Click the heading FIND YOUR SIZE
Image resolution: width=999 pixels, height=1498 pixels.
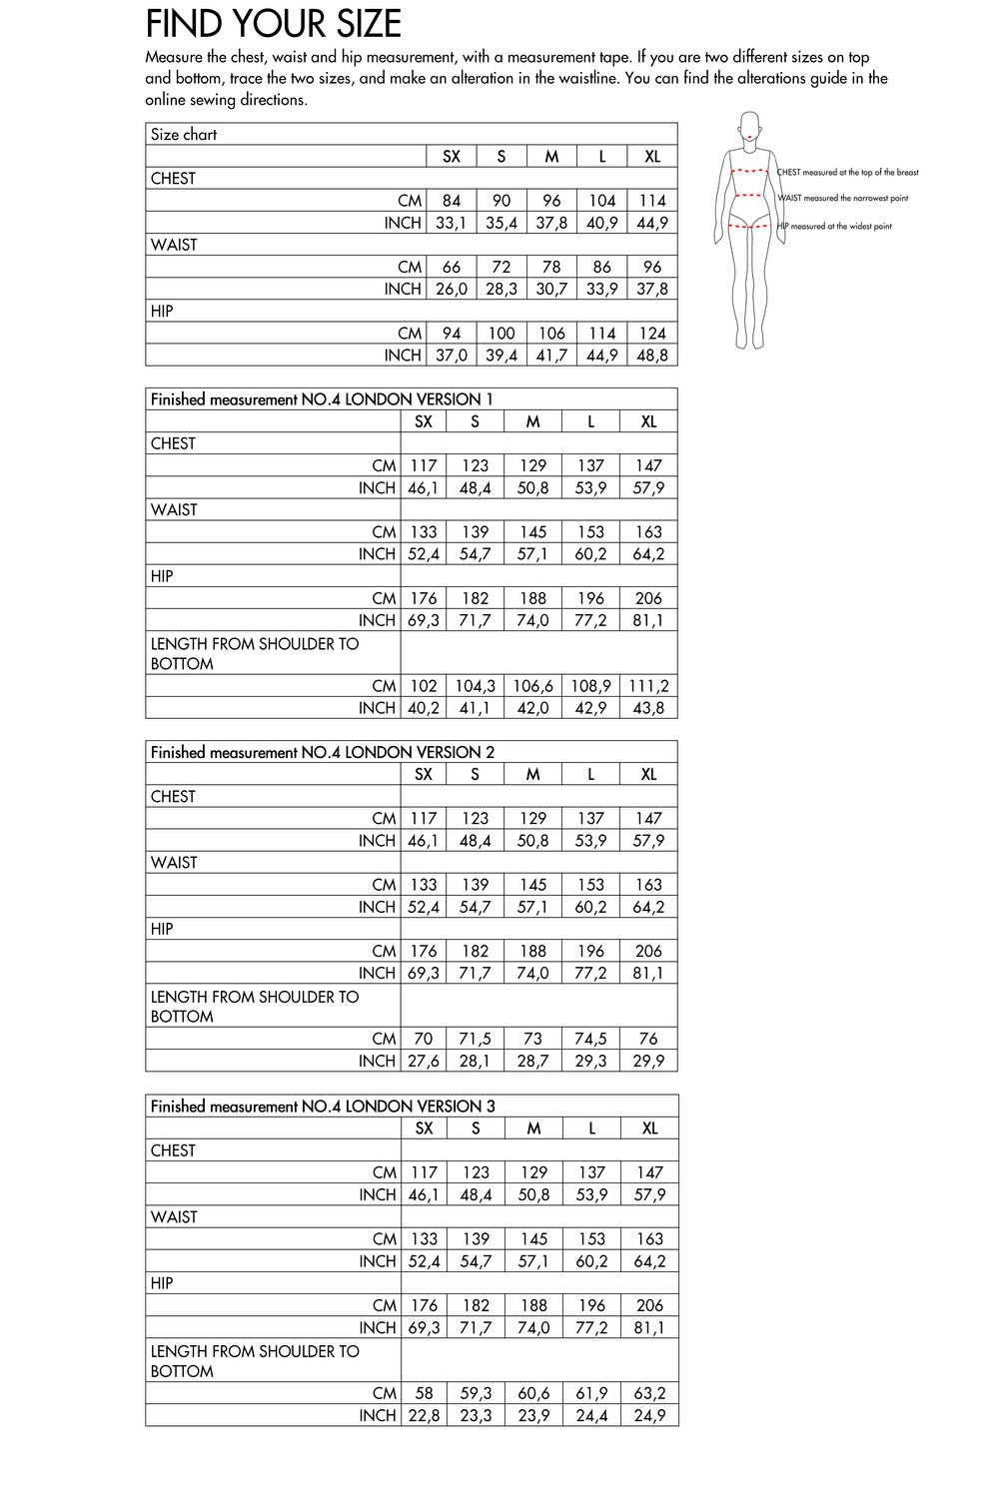coord(273,24)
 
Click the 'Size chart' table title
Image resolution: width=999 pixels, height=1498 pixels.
coord(184,135)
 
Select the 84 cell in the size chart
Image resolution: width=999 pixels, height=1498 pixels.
coord(452,201)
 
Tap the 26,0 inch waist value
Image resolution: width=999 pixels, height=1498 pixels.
coord(452,290)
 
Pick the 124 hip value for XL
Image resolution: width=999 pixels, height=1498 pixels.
coord(652,334)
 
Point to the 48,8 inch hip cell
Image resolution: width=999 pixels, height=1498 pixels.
coord(652,356)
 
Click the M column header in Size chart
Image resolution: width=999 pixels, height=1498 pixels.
coord(551,157)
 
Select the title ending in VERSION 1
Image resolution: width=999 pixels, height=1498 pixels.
coord(322,399)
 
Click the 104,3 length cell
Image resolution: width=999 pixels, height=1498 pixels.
coord(476,686)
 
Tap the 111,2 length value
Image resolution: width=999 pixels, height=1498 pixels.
coord(649,686)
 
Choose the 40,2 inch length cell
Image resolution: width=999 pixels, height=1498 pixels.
coord(424,708)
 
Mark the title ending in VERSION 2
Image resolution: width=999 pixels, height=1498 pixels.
coord(323,752)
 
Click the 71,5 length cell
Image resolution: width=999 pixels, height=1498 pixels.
coord(476,1039)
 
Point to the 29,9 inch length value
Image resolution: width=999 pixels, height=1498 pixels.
coord(649,1061)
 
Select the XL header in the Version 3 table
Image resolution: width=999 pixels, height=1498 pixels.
coord(649,1128)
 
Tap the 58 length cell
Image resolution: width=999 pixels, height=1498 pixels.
coord(425,1393)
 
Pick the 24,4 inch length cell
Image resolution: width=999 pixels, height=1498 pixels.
coord(592,1415)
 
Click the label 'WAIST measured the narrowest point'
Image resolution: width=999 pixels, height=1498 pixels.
coord(843,199)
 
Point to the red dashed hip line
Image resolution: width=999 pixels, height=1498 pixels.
coord(749,227)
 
